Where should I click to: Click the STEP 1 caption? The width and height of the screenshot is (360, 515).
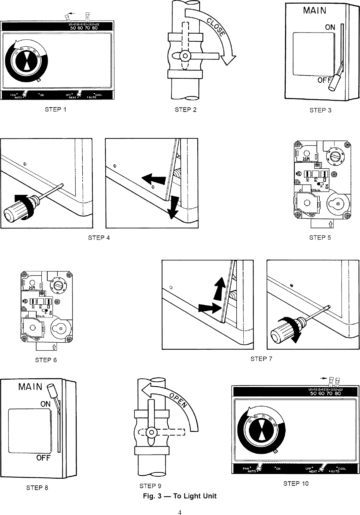tap(56, 110)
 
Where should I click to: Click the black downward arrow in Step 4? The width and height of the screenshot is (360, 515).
tap(173, 207)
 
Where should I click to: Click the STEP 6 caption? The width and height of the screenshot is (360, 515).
tap(46, 360)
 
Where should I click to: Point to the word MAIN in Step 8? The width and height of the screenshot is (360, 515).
tap(31, 387)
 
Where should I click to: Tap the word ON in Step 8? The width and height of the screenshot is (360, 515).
tap(45, 404)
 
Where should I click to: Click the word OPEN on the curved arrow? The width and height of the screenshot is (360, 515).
tap(178, 400)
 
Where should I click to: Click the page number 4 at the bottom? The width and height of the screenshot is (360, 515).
tap(180, 512)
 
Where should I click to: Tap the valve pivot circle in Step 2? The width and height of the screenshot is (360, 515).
tap(185, 55)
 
